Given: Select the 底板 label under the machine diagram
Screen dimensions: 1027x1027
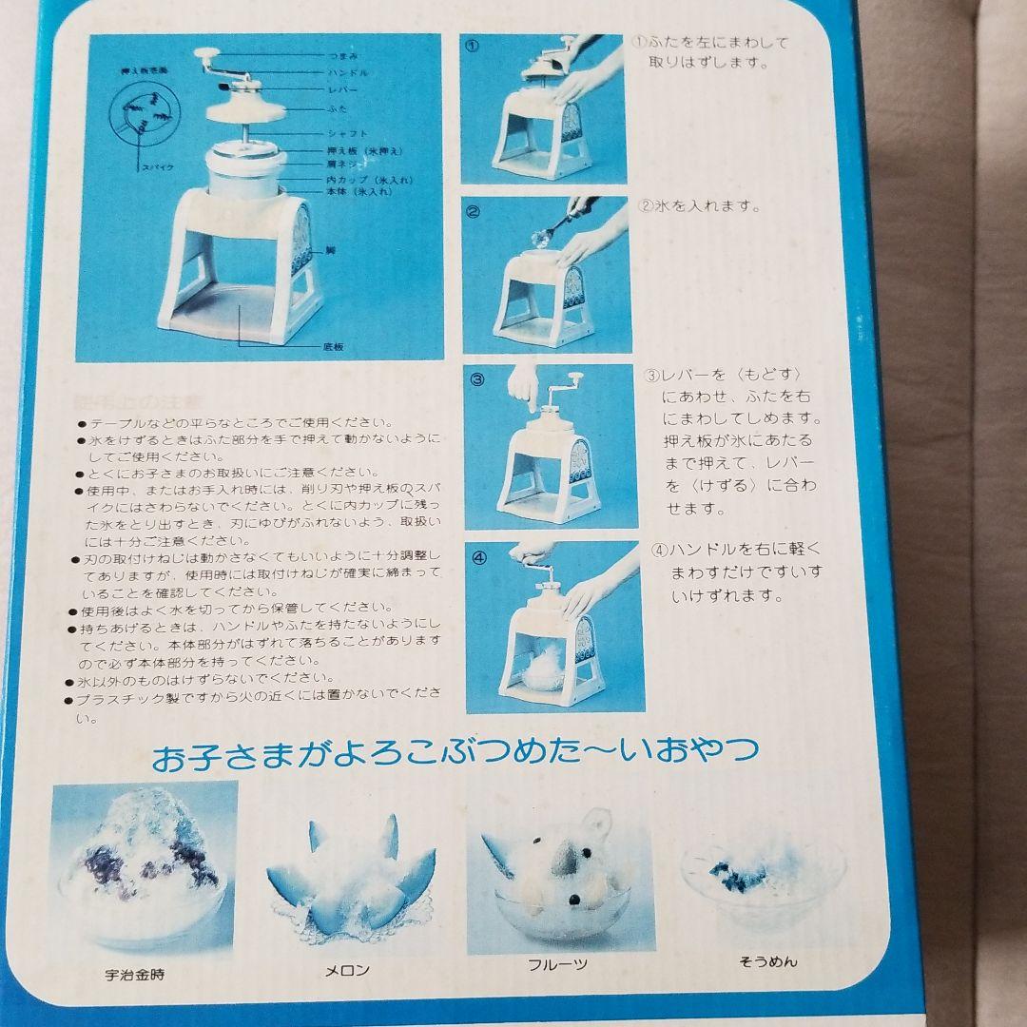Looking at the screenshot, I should pos(333,348).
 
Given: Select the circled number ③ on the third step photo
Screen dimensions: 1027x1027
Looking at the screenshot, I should pos(477,378).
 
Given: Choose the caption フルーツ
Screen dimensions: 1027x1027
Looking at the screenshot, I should pos(557,964).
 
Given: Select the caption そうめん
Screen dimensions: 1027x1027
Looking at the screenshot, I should pos(767,961).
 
